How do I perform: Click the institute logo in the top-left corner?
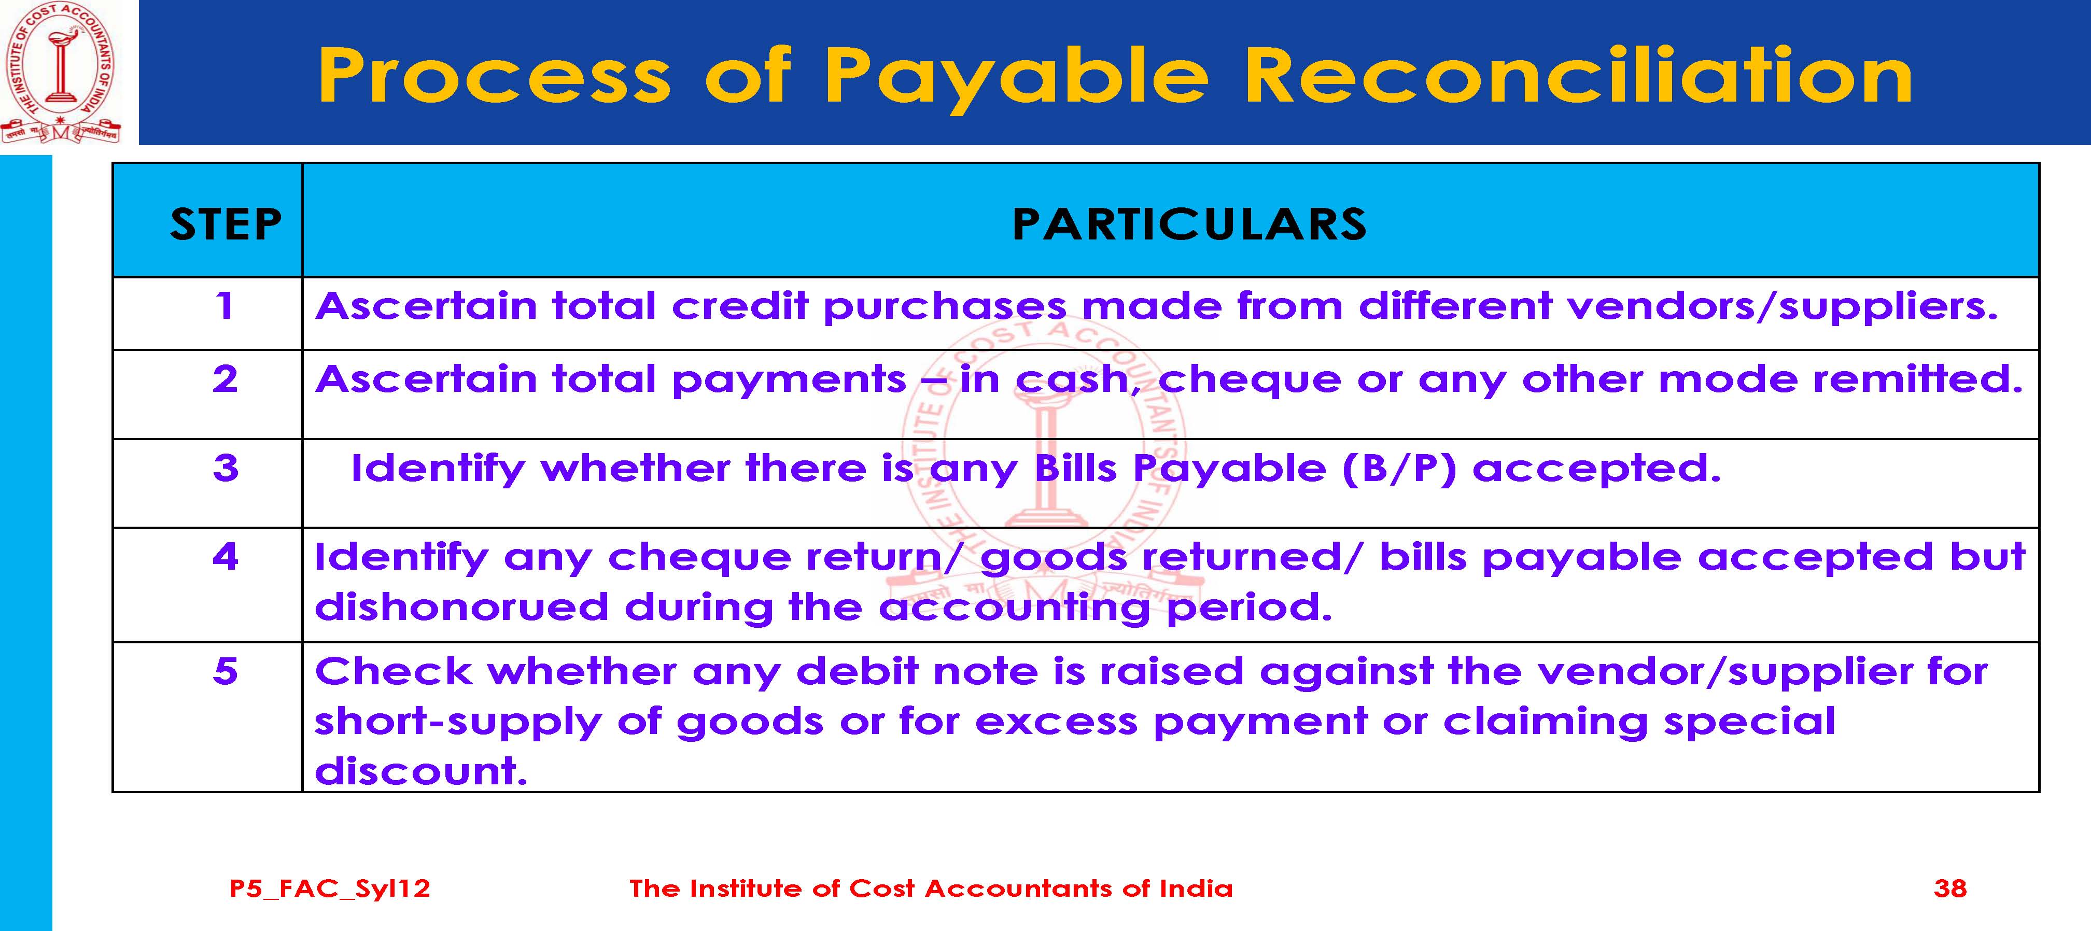click(61, 73)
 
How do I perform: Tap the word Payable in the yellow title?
click(1016, 79)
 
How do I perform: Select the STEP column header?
click(226, 224)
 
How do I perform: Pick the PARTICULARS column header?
click(1189, 224)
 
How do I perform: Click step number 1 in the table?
click(225, 306)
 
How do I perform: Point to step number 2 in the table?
click(225, 379)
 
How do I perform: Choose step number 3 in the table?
click(225, 468)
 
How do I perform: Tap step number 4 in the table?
click(225, 557)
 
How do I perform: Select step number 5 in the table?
click(225, 671)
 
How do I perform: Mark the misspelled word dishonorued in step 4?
click(461, 607)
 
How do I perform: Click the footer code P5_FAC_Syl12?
click(330, 889)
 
